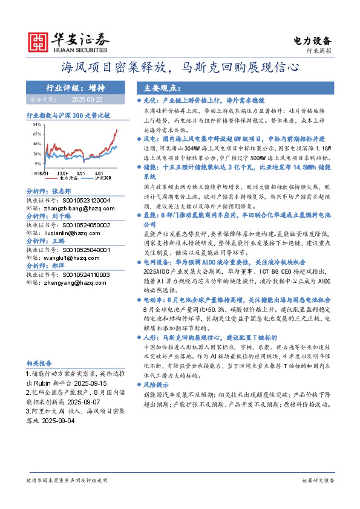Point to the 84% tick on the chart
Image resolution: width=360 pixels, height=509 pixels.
point(37,123)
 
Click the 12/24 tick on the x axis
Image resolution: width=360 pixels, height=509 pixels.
point(62,175)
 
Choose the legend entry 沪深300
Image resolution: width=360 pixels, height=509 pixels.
point(102,179)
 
